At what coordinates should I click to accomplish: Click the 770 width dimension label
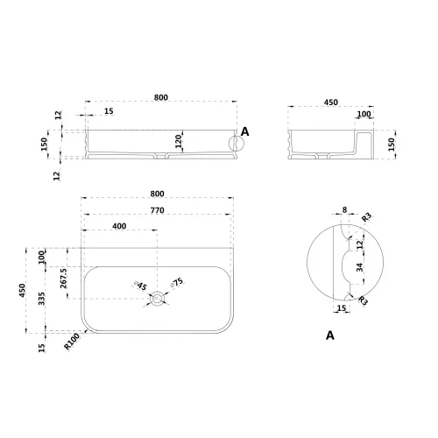click(157, 210)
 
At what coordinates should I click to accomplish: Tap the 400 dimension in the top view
click(119, 226)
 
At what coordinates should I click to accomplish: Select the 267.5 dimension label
click(64, 279)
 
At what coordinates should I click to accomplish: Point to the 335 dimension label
click(41, 299)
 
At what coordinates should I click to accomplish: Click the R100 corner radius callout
click(72, 342)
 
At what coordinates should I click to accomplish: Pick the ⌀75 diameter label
click(177, 283)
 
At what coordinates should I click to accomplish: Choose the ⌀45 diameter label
click(140, 286)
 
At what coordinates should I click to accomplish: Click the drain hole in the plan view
click(158, 299)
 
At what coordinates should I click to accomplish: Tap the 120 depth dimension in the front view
click(179, 141)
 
